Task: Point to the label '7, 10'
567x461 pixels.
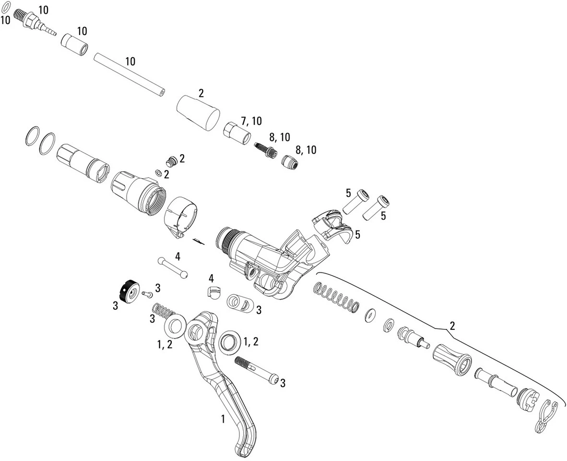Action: (x=251, y=121)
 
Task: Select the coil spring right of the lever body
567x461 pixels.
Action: (x=335, y=297)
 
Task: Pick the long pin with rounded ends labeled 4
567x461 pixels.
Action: (x=172, y=267)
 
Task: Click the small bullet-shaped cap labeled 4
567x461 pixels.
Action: (x=213, y=291)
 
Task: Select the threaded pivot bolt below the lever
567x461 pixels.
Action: (x=257, y=370)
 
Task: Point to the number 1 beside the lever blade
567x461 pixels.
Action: (x=223, y=419)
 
